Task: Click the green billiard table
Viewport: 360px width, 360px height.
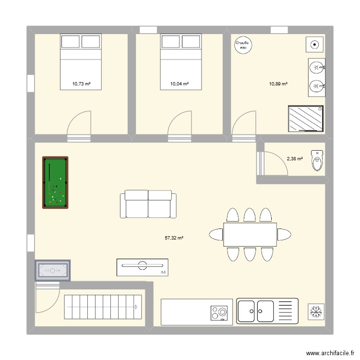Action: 55,183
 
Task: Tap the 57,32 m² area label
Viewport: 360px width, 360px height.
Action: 174,238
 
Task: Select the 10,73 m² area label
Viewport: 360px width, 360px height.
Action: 82,84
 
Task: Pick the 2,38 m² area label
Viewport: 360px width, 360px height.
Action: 295,158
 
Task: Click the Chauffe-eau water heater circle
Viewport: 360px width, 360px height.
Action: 242,45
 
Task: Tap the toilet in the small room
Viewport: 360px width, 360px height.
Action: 317,160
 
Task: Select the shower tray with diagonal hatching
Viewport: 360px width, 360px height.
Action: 306,119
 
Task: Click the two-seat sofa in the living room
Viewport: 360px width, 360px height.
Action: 148,204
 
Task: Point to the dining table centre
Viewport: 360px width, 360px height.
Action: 250,234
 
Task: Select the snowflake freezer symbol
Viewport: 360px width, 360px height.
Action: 316,312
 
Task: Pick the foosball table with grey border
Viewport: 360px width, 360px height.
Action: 52,271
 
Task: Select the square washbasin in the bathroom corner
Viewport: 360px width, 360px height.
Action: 314,45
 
